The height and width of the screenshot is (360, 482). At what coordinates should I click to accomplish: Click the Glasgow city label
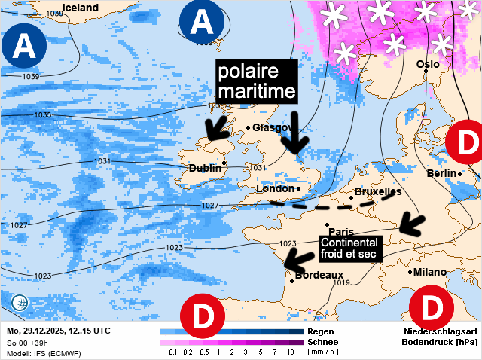(270, 127)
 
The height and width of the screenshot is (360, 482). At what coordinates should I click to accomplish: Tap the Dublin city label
(205, 168)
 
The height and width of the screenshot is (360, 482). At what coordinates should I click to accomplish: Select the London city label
(275, 188)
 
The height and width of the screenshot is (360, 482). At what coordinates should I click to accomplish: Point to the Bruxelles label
(377, 192)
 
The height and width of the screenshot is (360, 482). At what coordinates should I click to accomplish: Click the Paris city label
(341, 232)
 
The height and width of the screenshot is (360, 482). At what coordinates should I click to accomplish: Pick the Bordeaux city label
(319, 276)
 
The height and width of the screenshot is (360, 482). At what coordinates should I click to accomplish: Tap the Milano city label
(430, 272)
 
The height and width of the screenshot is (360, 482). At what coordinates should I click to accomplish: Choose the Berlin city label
(442, 173)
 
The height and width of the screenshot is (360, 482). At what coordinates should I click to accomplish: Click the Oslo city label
(428, 64)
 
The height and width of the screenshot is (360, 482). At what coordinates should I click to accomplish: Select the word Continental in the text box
(349, 242)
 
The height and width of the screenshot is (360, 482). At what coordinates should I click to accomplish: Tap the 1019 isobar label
(343, 283)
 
